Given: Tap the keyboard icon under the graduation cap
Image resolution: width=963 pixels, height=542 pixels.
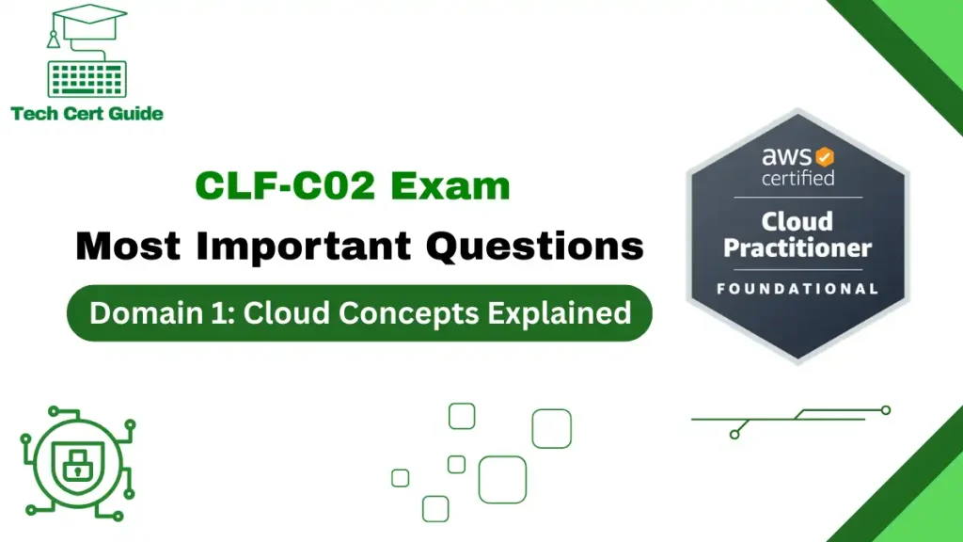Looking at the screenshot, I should point(87,79).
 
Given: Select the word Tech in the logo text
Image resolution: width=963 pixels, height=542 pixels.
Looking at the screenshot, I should point(32,114).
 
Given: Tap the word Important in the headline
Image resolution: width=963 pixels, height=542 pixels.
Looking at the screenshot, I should point(302,246).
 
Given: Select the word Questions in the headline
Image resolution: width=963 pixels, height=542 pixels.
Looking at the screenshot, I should point(535,246).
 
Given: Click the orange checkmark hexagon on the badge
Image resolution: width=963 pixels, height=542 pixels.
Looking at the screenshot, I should point(825,155).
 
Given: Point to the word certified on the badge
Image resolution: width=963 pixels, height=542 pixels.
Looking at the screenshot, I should point(797,178).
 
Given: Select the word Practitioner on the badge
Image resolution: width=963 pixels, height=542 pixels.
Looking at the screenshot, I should point(797,248).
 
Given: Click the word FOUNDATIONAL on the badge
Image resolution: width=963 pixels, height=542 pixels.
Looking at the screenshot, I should point(797,288).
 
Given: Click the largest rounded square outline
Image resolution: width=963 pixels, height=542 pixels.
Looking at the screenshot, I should point(502,479).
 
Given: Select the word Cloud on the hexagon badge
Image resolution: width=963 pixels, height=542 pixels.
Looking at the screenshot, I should point(797,221).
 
